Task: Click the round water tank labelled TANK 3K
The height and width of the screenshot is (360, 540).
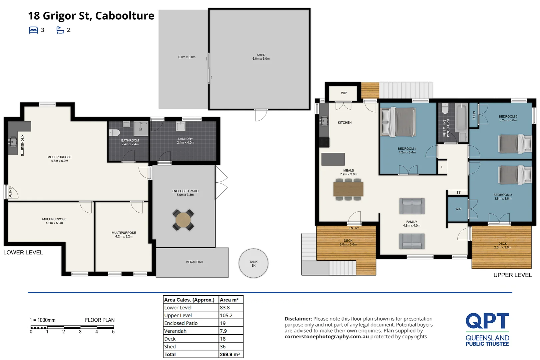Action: [x=253, y=263]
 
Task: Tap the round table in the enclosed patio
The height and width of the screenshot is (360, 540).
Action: [x=183, y=220]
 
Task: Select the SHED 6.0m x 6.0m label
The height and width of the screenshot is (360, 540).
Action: [x=261, y=57]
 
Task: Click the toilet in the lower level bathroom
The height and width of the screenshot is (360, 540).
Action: [x=114, y=132]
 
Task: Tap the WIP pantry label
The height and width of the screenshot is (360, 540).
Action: [x=344, y=93]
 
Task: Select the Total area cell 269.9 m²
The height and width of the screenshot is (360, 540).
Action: [x=230, y=354]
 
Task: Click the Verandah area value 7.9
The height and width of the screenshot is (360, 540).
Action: [x=223, y=331]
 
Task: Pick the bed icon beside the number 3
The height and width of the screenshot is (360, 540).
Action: [x=33, y=30]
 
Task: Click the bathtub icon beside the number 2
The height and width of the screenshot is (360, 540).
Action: [x=60, y=30]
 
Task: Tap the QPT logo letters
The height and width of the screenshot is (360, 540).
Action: [x=487, y=321]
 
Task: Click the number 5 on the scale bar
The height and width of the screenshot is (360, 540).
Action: [x=113, y=332]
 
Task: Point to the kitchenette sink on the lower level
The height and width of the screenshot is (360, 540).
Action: [x=13, y=142]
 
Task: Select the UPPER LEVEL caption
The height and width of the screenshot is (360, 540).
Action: [x=512, y=275]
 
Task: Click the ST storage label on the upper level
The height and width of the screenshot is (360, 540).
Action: [x=458, y=193]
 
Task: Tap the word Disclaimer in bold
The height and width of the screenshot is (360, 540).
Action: [x=298, y=319]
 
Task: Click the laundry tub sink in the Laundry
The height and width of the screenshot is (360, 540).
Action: [x=181, y=126]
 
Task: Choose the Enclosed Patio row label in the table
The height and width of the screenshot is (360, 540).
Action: [x=181, y=323]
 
